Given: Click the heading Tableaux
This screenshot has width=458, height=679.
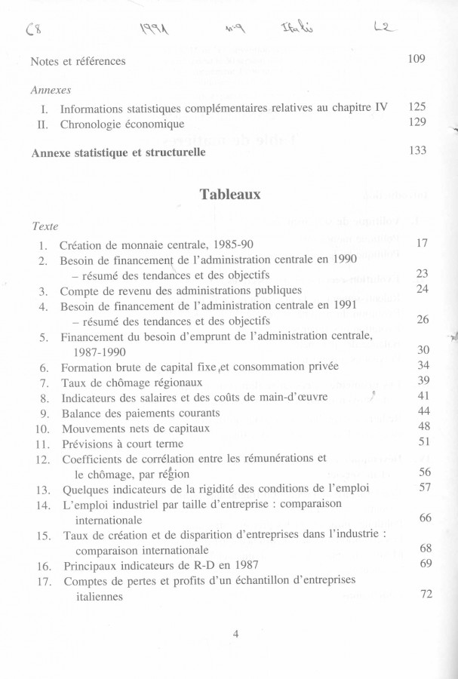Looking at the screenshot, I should (x=230, y=194).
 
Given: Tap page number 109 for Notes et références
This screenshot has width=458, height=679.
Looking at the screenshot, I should (x=417, y=60).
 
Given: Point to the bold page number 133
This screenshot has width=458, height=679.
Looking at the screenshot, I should (x=417, y=150).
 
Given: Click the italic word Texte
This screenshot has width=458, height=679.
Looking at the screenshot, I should (x=45, y=226).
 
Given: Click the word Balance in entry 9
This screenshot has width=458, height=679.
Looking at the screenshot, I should (x=83, y=413).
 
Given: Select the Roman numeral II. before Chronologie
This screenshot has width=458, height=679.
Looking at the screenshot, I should (x=42, y=124).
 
